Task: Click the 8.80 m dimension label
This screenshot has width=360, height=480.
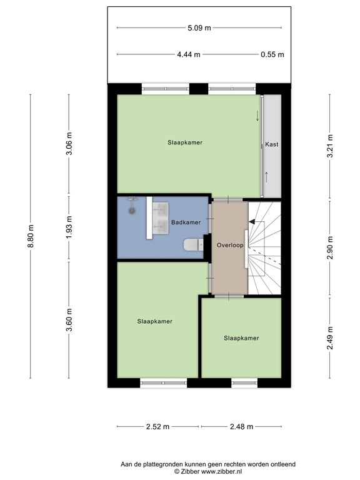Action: [x=31, y=236]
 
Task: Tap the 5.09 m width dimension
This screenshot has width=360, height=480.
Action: [x=199, y=28]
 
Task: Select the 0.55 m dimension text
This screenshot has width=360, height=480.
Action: [x=272, y=54]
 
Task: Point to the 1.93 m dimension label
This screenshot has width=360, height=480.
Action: [x=69, y=227]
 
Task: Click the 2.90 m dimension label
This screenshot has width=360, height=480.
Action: [x=330, y=247]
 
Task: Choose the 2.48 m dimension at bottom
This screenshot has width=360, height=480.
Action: [x=241, y=426]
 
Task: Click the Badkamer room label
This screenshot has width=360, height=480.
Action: [x=186, y=222]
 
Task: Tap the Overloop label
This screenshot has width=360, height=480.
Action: [x=230, y=245]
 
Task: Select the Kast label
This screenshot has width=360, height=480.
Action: [x=272, y=144]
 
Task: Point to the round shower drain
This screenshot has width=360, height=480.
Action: [x=132, y=211]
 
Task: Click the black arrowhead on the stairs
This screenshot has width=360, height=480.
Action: [x=252, y=222]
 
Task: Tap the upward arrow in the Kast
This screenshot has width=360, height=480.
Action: [x=267, y=177]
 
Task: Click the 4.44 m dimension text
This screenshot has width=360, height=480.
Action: [x=189, y=54]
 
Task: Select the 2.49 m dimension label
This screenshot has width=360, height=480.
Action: [x=330, y=337]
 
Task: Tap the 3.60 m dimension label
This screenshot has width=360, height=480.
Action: [x=69, y=319]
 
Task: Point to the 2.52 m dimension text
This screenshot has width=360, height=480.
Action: [x=157, y=426]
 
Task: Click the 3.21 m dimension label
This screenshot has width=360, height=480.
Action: [x=330, y=146]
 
